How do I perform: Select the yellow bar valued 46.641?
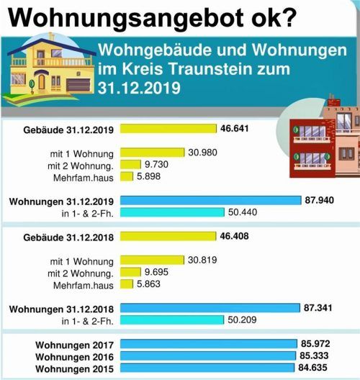(x=168, y=129)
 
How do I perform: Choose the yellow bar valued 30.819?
(x=153, y=260)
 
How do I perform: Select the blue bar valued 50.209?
(x=172, y=320)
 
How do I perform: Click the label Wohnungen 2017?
(x=74, y=344)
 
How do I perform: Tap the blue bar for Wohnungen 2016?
(x=208, y=356)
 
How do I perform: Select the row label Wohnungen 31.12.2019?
(x=62, y=201)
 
